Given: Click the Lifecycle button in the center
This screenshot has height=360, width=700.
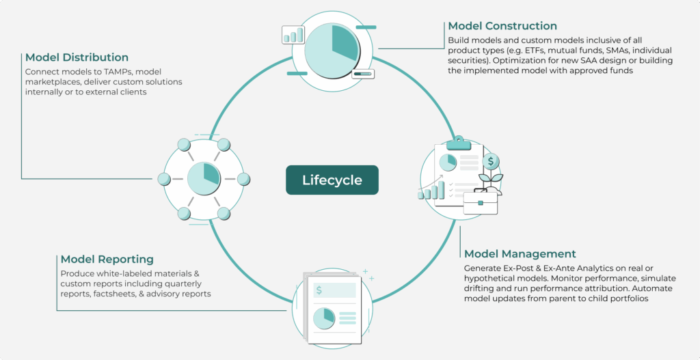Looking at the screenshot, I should [x=332, y=180].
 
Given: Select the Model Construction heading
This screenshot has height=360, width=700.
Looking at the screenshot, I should [x=502, y=26].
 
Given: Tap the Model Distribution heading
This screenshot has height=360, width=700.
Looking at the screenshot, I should [x=77, y=57].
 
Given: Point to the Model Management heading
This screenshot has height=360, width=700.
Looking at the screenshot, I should [x=520, y=254].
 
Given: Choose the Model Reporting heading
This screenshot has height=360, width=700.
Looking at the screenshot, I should [x=107, y=260].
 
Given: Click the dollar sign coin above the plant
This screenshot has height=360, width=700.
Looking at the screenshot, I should [x=490, y=162].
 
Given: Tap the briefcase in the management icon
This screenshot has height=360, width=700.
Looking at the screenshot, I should [x=480, y=202].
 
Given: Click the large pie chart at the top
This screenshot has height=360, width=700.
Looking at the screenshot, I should [x=332, y=42].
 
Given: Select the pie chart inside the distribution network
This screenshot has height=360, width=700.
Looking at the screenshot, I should [x=204, y=179].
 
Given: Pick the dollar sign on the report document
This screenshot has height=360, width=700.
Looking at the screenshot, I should [x=319, y=290].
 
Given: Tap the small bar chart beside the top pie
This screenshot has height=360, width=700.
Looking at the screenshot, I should [x=293, y=36].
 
